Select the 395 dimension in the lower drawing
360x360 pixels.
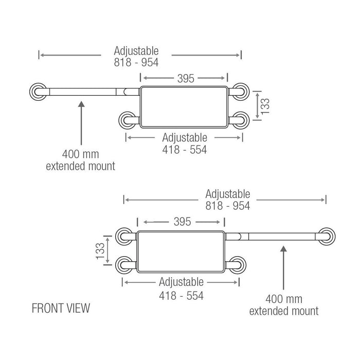coord(183,222)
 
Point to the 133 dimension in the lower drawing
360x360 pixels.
coord(99,250)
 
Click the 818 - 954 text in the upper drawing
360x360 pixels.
coord(136,62)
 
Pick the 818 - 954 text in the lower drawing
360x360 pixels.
coord(227,205)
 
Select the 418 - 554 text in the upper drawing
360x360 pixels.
coord(185,149)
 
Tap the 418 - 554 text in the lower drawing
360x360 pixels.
coord(181,296)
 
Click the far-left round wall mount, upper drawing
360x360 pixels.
coord(37,92)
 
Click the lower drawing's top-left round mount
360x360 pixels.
coord(124,236)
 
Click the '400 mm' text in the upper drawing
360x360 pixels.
coord(80,154)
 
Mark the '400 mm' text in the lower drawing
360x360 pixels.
coord(283,299)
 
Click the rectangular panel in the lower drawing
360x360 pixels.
coord(181,251)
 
